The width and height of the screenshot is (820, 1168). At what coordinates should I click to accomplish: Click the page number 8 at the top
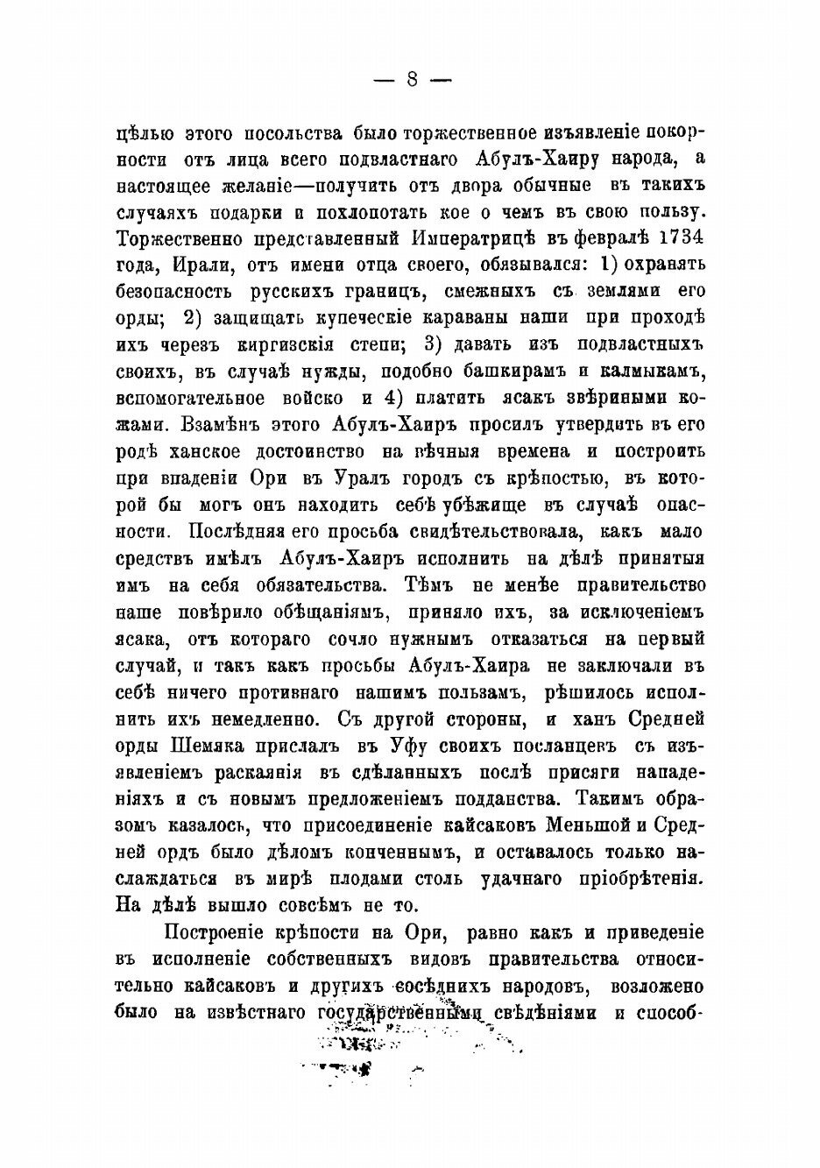(x=411, y=80)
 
